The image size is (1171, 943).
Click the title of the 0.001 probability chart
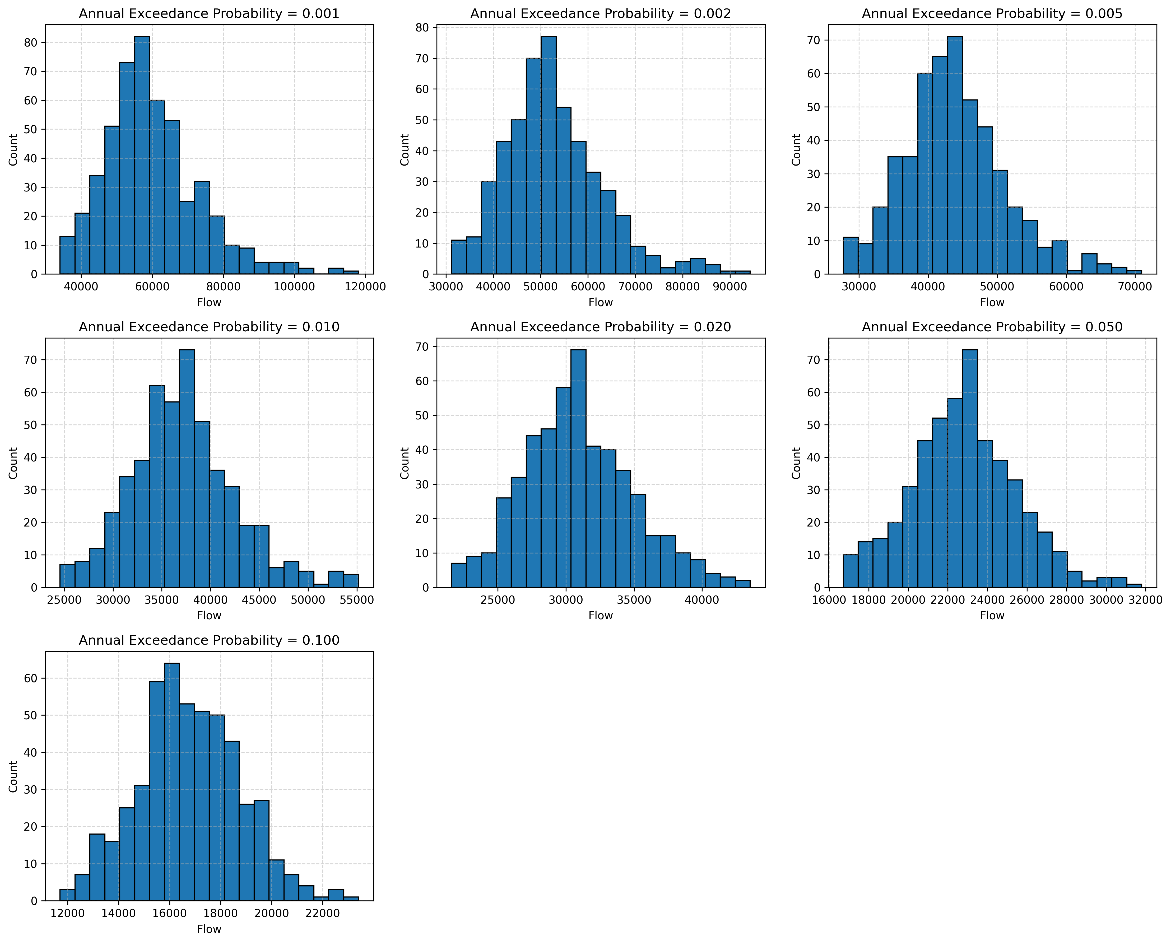tap(209, 13)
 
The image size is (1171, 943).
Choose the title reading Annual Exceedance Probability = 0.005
tap(992, 13)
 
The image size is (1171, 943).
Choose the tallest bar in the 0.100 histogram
tap(172, 783)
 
